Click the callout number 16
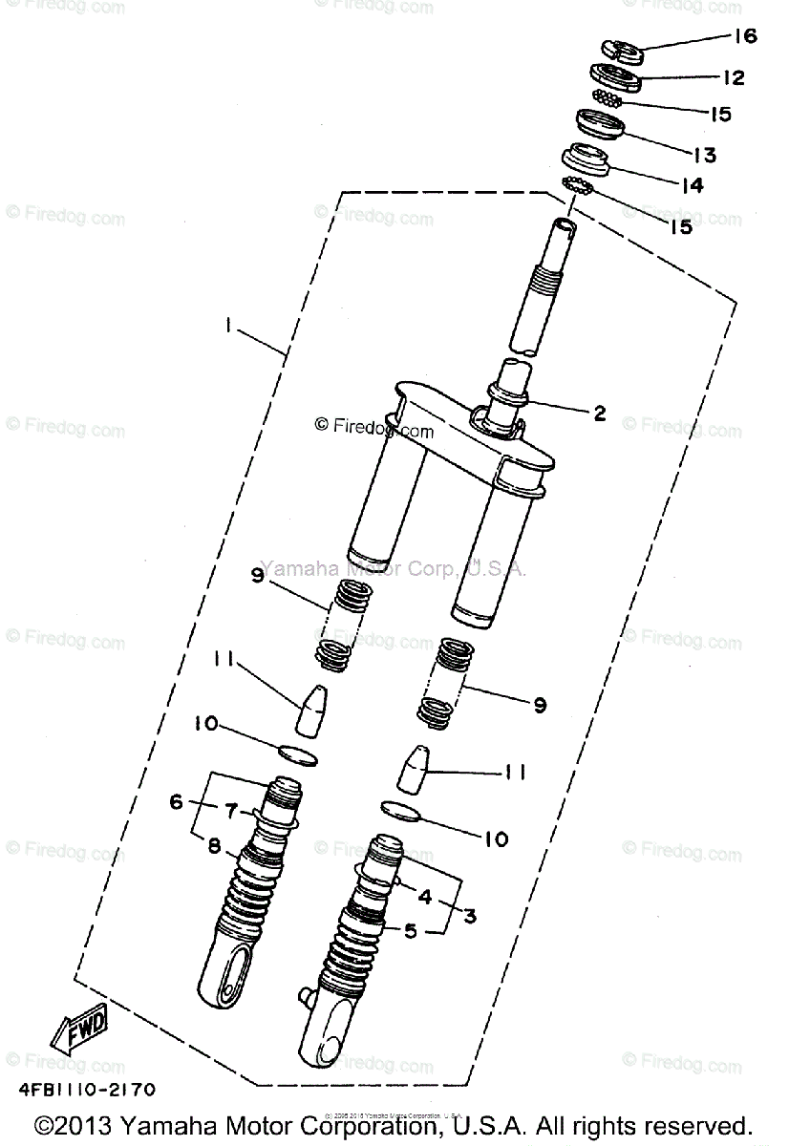pyautogui.click(x=745, y=36)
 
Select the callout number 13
pyautogui.click(x=731, y=155)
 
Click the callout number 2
pyautogui.click(x=599, y=413)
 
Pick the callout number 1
pyautogui.click(x=229, y=327)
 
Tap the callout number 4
pyautogui.click(x=424, y=896)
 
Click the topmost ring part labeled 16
pyautogui.click(x=622, y=48)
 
